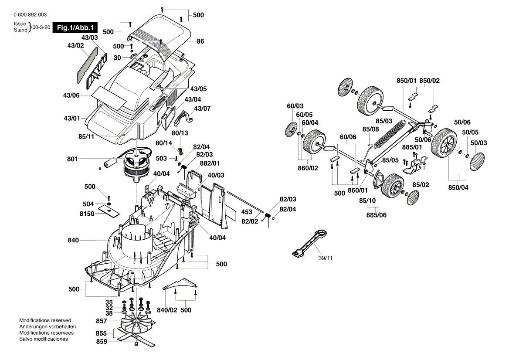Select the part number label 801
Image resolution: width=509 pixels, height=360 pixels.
click(x=73, y=159)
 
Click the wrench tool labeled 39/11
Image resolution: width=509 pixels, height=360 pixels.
click(x=312, y=243)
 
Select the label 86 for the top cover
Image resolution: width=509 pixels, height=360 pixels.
click(x=200, y=41)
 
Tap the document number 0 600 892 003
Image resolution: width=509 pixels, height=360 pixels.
click(x=31, y=14)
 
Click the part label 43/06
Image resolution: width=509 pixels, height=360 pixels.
click(x=71, y=95)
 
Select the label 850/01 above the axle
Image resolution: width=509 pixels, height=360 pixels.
click(x=406, y=81)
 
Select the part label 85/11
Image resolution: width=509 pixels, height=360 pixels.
click(x=87, y=136)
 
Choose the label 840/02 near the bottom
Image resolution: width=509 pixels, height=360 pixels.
click(x=167, y=310)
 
